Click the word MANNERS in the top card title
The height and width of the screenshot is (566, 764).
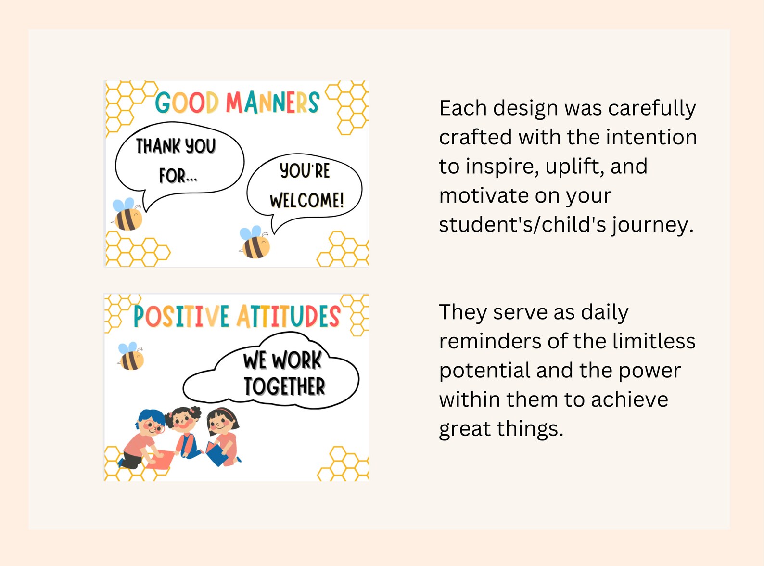coord(272,103)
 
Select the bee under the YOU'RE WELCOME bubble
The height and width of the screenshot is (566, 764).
coord(255,243)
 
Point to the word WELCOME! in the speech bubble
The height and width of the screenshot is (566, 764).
coord(307,200)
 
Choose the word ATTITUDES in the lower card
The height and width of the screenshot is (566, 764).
coord(288,317)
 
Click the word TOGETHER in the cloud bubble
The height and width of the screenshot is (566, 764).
coord(284,386)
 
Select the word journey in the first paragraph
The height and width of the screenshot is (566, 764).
coord(652,225)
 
